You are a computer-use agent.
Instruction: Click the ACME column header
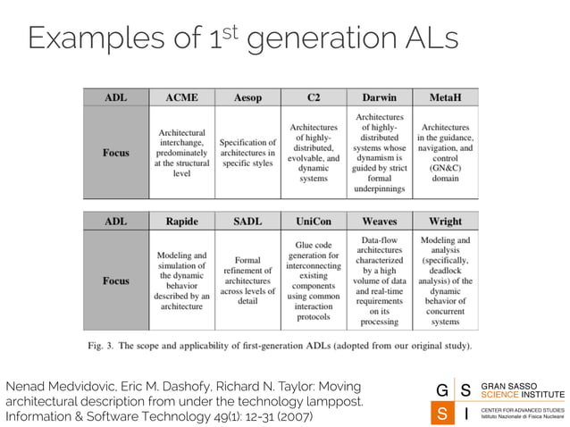click(x=181, y=97)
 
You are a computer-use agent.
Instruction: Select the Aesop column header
click(x=247, y=97)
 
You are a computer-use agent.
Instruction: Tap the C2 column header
click(x=314, y=97)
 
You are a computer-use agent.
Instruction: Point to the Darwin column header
click(x=380, y=97)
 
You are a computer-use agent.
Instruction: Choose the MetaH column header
click(x=446, y=97)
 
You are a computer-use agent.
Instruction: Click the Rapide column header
click(x=181, y=221)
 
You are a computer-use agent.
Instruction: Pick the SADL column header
click(x=247, y=221)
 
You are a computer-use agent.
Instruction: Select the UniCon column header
click(x=314, y=221)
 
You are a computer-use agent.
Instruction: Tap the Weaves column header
click(x=380, y=221)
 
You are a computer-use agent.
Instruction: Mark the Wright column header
click(x=446, y=221)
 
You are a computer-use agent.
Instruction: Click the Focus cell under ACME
click(x=181, y=153)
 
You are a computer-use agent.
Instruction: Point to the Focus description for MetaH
click(x=446, y=153)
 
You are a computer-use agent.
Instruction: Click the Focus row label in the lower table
click(x=115, y=281)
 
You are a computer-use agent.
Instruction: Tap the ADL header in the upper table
click(x=115, y=97)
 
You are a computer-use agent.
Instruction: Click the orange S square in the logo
click(x=441, y=414)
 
